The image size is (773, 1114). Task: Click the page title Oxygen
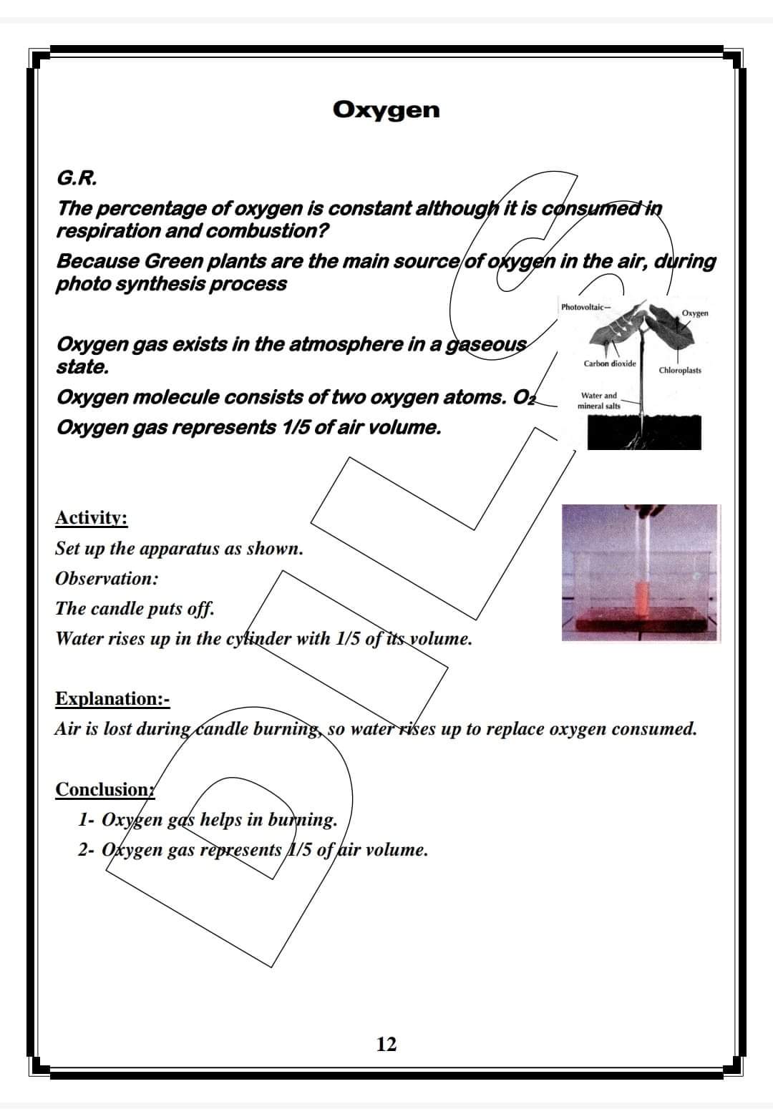pyautogui.click(x=386, y=109)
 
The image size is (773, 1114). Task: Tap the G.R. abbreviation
pyautogui.click(x=77, y=177)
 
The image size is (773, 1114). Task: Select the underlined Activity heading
pyautogui.click(x=92, y=517)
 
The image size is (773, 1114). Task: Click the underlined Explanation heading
pyautogui.click(x=112, y=698)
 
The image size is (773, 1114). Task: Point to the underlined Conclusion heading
pyautogui.click(x=104, y=789)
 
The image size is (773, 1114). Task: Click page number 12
pyautogui.click(x=386, y=1045)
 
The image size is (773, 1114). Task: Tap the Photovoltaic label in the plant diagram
pyautogui.click(x=584, y=307)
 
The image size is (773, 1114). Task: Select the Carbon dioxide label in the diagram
pyautogui.click(x=609, y=363)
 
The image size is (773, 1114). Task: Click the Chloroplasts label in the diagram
pyautogui.click(x=680, y=370)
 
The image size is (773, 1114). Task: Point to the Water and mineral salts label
pyautogui.click(x=599, y=401)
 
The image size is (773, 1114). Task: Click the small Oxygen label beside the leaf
pyautogui.click(x=695, y=313)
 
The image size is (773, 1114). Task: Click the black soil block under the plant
pyautogui.click(x=644, y=433)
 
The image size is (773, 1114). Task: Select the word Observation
pyautogui.click(x=107, y=578)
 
